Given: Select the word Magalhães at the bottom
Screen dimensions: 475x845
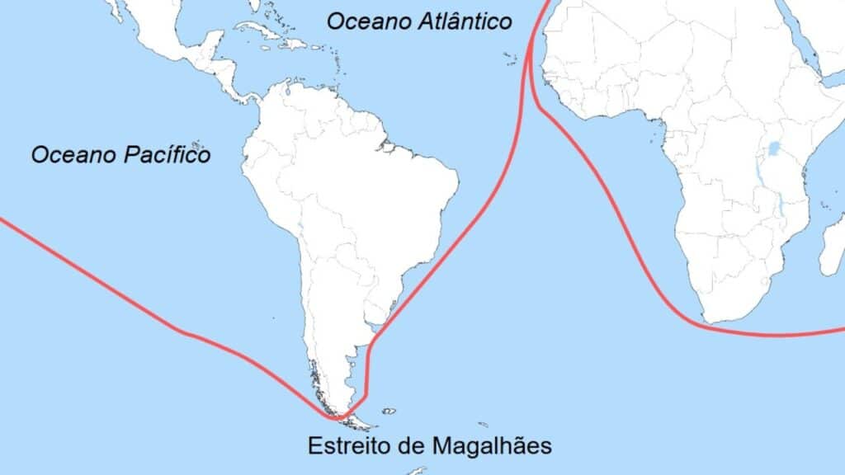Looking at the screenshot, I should (491, 446).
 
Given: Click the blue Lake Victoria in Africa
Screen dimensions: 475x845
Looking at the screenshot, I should (774, 149).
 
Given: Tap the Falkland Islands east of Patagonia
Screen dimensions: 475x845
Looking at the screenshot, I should (388, 410).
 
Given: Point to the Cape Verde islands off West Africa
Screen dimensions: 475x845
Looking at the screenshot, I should (508, 58).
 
